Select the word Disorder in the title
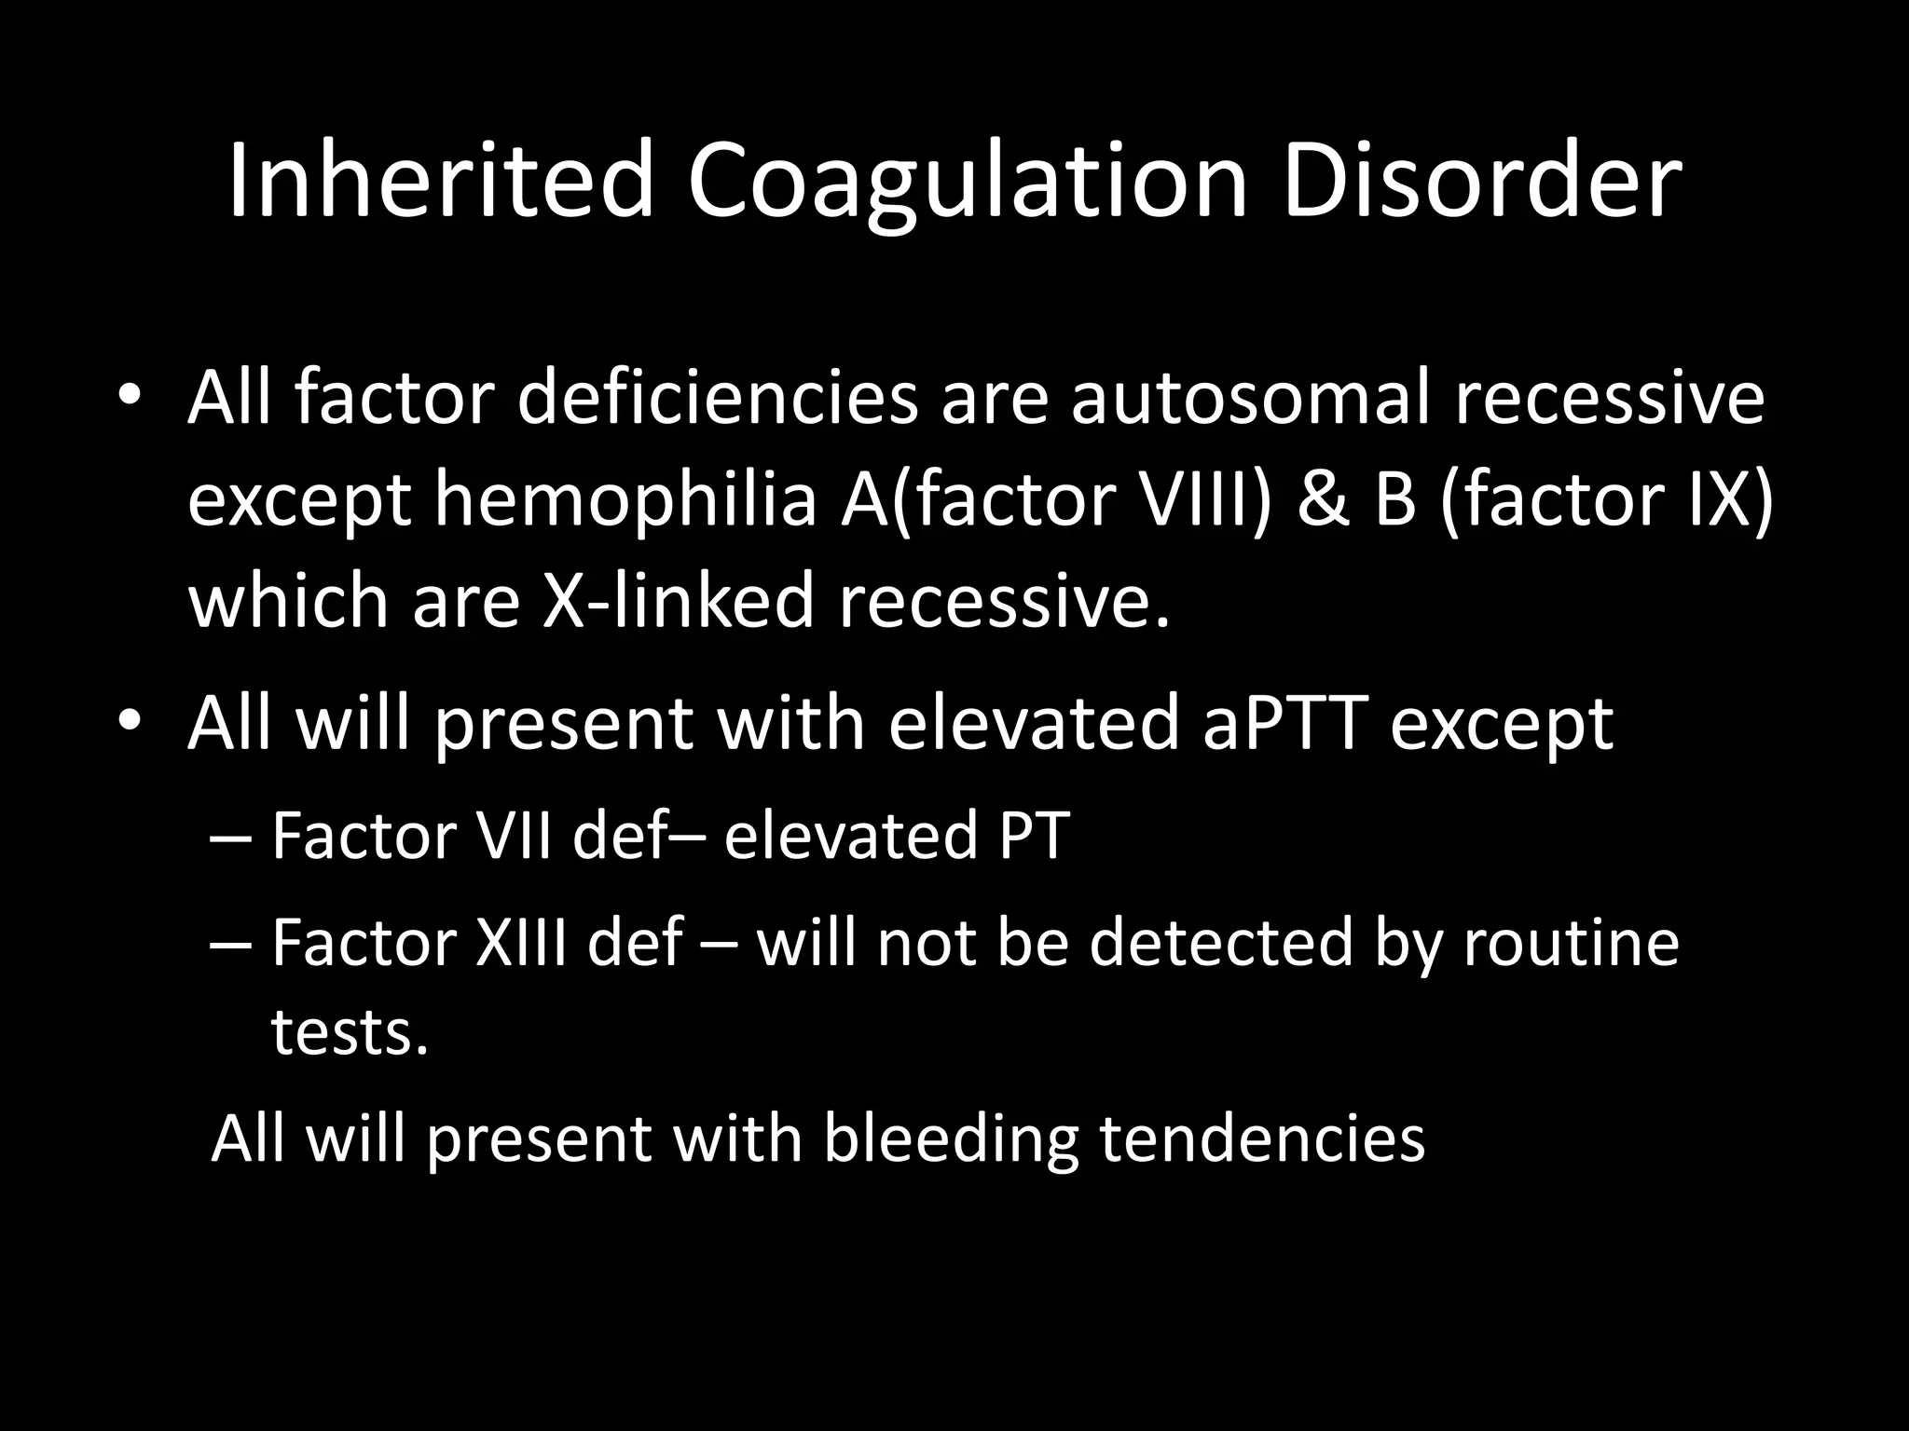[1481, 180]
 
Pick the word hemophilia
[625, 499]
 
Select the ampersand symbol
[1322, 499]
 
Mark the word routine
[1571, 942]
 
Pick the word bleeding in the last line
[950, 1138]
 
